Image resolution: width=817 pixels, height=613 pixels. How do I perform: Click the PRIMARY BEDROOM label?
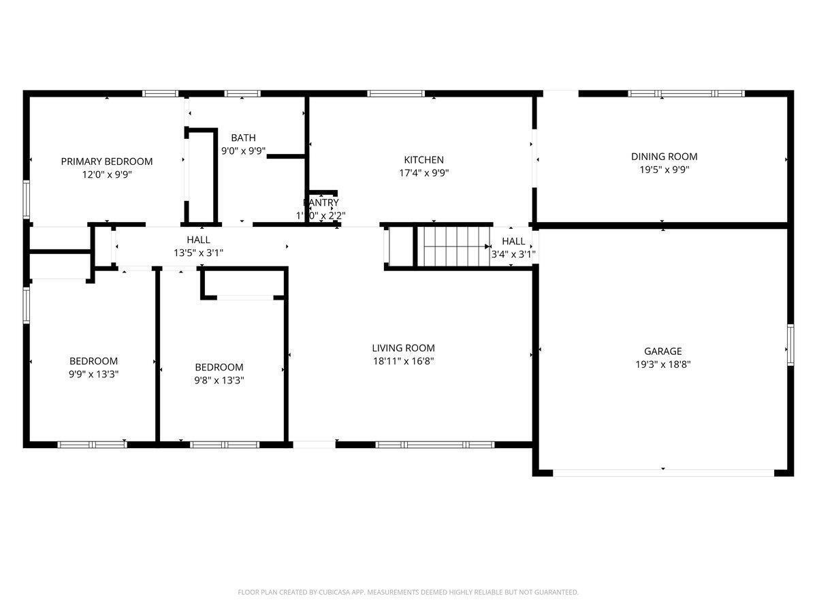coord(107,161)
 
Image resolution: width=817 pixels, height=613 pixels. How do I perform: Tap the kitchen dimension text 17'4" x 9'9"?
coord(423,172)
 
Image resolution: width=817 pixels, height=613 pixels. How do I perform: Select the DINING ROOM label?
coord(664,157)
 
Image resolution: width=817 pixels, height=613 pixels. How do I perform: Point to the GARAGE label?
coord(662,351)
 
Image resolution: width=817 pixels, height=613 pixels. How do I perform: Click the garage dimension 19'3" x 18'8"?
coord(662,364)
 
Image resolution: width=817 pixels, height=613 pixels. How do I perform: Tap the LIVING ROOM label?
coord(403,348)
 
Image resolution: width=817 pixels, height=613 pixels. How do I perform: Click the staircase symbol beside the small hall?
coord(453,246)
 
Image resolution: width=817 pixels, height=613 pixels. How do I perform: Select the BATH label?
coord(243,138)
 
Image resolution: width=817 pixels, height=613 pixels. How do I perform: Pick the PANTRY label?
coord(321,203)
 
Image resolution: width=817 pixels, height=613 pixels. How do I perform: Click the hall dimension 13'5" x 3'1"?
coord(198,253)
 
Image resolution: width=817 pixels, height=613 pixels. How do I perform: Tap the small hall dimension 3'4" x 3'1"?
coord(513,254)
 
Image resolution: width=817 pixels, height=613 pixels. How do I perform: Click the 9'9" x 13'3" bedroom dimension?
coord(93,374)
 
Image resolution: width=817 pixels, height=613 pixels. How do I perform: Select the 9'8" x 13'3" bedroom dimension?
coord(219,380)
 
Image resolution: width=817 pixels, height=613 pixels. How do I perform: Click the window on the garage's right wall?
coord(790,345)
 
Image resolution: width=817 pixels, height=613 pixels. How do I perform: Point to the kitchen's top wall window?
coord(396,93)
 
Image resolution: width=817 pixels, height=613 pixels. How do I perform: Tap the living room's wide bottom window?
coord(435,445)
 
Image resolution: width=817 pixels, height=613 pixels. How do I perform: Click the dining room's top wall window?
coord(686,93)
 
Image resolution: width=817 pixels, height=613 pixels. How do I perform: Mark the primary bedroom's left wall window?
coord(27,200)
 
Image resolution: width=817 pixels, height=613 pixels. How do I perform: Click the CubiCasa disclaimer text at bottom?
coord(408,593)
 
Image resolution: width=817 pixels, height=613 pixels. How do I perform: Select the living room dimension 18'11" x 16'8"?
coord(403,361)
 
